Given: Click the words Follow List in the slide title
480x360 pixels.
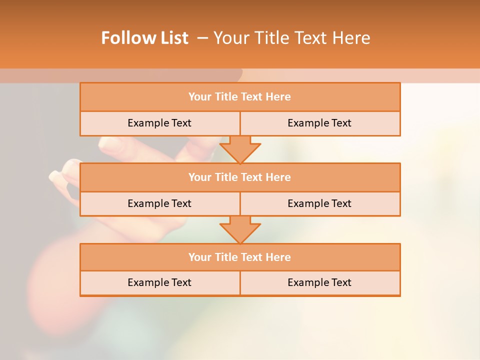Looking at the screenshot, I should [144, 38].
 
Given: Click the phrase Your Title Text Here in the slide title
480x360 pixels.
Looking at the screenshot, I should [291, 38].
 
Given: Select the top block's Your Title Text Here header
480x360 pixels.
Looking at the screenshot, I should [239, 97].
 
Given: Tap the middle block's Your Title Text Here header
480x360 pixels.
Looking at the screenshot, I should [239, 177].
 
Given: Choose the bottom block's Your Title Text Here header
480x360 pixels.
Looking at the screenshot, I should [239, 257].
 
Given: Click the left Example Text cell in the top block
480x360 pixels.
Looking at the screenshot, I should [159, 123].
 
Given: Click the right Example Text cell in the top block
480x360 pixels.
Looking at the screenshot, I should [319, 123].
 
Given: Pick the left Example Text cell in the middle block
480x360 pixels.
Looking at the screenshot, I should [159, 203].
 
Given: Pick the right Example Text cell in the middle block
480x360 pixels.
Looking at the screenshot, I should [319, 203].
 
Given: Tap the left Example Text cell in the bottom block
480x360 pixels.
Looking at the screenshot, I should [159, 282].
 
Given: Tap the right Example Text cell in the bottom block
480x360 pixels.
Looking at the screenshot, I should [319, 282].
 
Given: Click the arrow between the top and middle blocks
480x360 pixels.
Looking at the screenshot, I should [240, 149].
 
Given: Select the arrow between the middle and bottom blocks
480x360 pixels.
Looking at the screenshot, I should [240, 229].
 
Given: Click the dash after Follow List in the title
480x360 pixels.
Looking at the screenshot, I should [202, 38].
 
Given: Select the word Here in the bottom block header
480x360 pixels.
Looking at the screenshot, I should [278, 257].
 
